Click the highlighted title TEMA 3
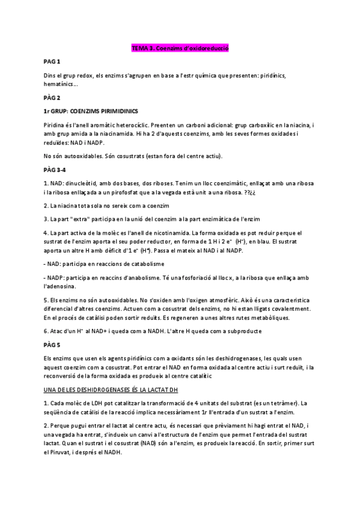point(180,48)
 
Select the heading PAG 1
point(52,62)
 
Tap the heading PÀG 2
point(52,97)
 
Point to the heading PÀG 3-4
point(55,170)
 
